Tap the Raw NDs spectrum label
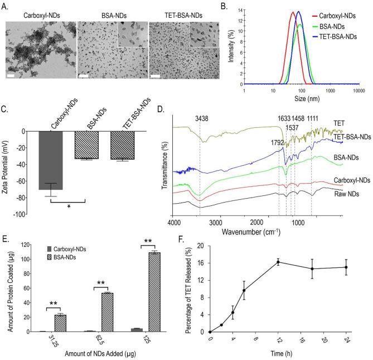coord(345,194)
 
